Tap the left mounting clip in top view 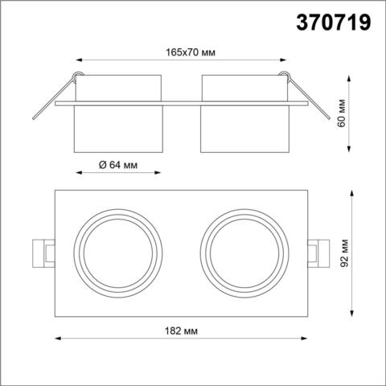pyautogui.click(x=43, y=253)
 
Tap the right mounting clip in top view pyautogui.click(x=317, y=253)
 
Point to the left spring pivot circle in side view pyautogui.click(x=76, y=78)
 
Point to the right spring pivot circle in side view pyautogui.click(x=283, y=78)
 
